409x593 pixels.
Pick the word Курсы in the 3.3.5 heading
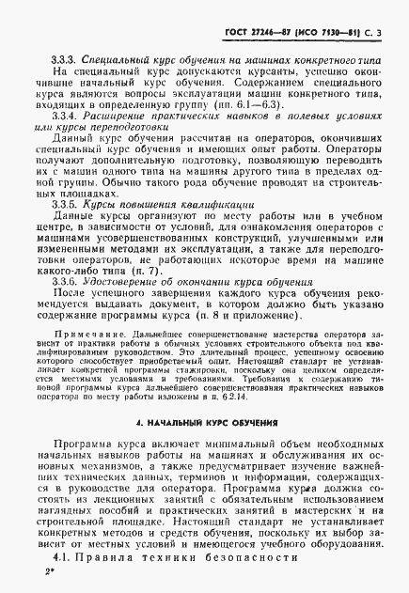[x=100, y=202]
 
